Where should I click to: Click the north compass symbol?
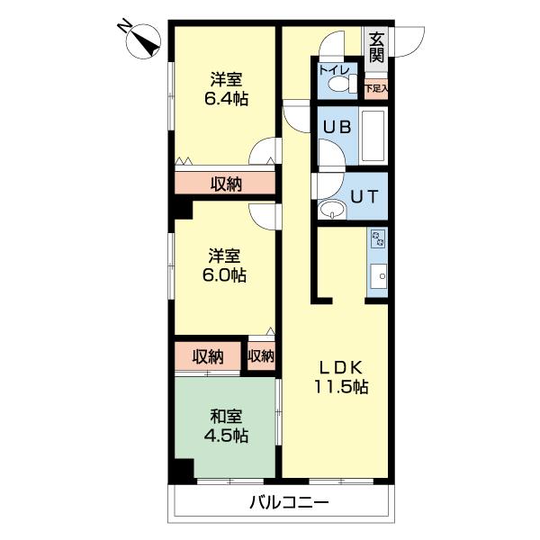click(x=141, y=41)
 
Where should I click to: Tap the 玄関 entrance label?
click(x=376, y=48)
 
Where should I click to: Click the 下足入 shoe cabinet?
click(x=376, y=89)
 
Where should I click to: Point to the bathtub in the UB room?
click(x=373, y=136)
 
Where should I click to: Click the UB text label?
click(x=337, y=127)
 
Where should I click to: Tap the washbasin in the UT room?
click(x=332, y=210)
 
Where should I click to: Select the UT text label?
click(x=364, y=196)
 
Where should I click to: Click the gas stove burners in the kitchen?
click(x=378, y=239)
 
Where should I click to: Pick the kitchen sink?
click(x=379, y=276)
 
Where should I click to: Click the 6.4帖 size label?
click(x=226, y=99)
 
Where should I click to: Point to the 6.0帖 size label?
click(x=224, y=275)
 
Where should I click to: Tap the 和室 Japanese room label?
click(x=226, y=417)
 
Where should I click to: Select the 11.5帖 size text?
click(x=341, y=386)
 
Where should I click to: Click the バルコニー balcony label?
click(x=289, y=503)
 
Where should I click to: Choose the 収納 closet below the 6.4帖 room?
click(x=225, y=183)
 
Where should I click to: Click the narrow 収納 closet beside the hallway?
click(x=261, y=355)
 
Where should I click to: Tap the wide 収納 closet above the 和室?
click(x=208, y=356)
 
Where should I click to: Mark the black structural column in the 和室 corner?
click(x=184, y=471)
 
